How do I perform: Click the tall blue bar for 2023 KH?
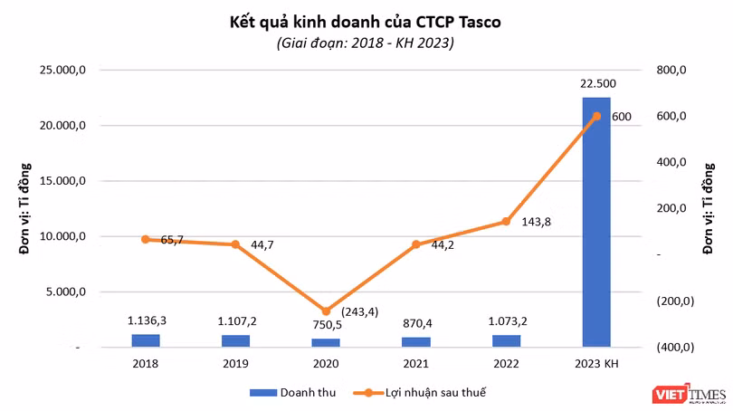[x=595, y=222]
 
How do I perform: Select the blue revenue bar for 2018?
[x=145, y=340]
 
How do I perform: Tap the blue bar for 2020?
[x=326, y=342]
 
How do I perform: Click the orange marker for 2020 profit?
[x=326, y=311]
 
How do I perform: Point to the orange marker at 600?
[x=596, y=116]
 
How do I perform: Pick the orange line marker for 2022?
[x=506, y=222]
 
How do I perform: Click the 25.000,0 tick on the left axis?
[x=62, y=70]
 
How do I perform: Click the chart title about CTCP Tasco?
[x=366, y=22]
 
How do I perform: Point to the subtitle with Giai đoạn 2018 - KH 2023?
[x=366, y=43]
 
